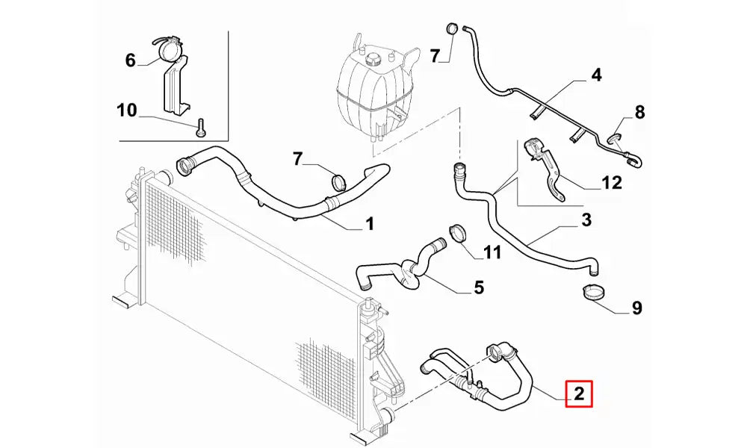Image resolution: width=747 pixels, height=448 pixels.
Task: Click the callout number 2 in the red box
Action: click(579, 393)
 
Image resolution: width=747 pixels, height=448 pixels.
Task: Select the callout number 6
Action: click(131, 60)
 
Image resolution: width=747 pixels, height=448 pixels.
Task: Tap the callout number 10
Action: click(127, 111)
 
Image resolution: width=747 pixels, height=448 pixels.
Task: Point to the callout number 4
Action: click(595, 75)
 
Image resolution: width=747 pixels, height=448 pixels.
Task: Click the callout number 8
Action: click(639, 113)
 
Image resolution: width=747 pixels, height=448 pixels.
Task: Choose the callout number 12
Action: click(611, 182)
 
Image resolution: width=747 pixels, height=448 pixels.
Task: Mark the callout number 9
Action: click(636, 307)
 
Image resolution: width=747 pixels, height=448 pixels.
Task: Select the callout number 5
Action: click(479, 287)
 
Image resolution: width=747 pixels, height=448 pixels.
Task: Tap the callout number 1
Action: click(368, 223)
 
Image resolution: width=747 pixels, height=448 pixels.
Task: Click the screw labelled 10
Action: click(200, 129)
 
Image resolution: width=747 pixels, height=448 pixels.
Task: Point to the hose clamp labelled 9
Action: click(594, 293)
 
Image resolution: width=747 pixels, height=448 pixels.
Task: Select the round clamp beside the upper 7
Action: click(452, 28)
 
